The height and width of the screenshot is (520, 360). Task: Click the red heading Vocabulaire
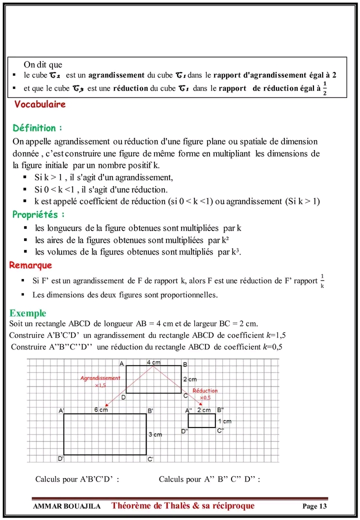40,105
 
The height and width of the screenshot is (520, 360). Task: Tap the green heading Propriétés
38,214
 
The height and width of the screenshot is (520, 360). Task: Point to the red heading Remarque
30,265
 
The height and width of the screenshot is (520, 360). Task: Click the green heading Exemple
28,313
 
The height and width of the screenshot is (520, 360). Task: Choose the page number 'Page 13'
314,506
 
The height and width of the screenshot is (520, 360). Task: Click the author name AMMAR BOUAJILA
66,506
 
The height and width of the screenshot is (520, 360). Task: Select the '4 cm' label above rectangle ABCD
153,361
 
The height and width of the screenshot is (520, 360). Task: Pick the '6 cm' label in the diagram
101,410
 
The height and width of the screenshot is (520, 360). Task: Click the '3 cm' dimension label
155,434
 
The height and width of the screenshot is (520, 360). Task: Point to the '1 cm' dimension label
225,421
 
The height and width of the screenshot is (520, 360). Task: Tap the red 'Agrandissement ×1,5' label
100,381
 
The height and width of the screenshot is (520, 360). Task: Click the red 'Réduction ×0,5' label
205,393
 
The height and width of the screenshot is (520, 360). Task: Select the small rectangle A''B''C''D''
201,420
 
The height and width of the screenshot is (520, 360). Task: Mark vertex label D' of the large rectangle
60,458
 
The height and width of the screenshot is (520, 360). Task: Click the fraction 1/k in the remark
322,281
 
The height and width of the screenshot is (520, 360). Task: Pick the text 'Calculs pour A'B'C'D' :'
77,479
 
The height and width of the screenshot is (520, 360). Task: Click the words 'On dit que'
43,64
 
